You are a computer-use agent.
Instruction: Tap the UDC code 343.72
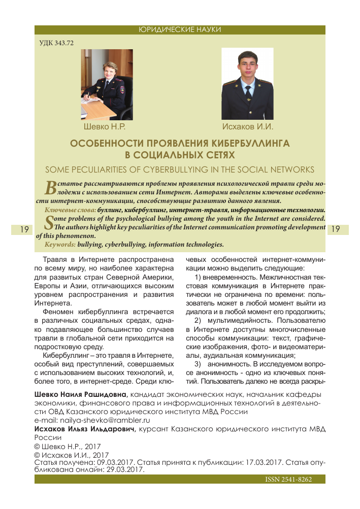pyautogui.click(x=57, y=43)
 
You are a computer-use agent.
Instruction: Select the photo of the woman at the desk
pyautogui.click(x=107, y=84)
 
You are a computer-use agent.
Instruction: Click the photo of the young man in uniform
pyautogui.click(x=247, y=84)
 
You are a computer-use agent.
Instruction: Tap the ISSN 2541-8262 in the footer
pyautogui.click(x=288, y=480)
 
